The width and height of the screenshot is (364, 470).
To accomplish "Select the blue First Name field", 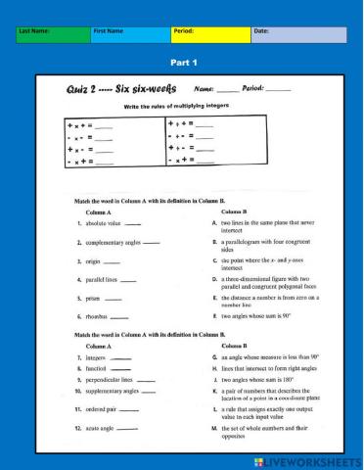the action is [x=130, y=35].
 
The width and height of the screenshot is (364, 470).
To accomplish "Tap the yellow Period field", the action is [x=209, y=35].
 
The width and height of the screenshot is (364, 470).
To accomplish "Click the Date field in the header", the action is [x=298, y=35].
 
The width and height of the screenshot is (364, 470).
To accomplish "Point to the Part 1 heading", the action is [x=183, y=63].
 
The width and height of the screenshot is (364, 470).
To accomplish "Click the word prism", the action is [x=94, y=298].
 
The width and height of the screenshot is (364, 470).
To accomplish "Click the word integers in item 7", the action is [x=99, y=358].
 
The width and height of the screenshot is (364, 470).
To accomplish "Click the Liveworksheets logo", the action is [x=307, y=459].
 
